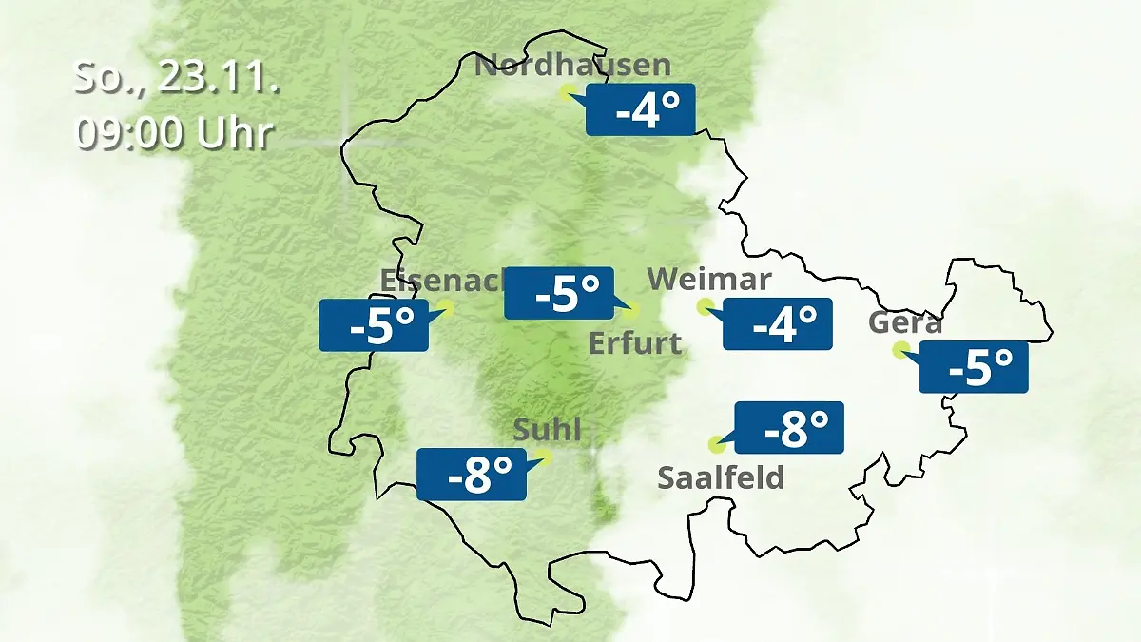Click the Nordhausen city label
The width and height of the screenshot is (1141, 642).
click(572, 66)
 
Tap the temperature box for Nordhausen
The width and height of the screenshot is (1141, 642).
click(641, 109)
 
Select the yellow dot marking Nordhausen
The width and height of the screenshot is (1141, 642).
click(568, 91)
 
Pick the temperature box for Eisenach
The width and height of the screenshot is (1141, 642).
click(374, 325)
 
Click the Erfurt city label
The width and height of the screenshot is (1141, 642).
click(635, 342)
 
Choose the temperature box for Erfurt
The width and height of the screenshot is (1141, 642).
click(559, 293)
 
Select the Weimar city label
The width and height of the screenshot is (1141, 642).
click(709, 280)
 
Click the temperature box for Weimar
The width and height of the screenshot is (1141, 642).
click(778, 323)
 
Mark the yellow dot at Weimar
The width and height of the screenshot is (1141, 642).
click(705, 305)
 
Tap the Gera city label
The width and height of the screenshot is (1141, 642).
click(905, 323)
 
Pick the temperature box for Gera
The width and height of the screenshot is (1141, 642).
click(974, 366)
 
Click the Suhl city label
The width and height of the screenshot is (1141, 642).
click(547, 430)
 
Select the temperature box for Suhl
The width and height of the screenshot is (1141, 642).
click(472, 474)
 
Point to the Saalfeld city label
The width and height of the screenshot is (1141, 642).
click(721, 477)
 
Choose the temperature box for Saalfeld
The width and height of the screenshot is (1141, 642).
click(789, 427)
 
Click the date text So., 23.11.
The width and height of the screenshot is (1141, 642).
click(177, 79)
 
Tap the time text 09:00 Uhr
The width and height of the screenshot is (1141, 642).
click(174, 134)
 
